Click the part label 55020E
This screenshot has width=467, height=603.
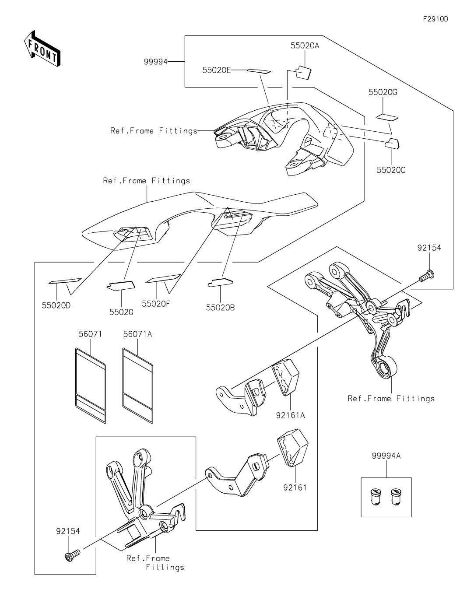[216, 70]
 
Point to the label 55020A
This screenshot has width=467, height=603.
[305, 46]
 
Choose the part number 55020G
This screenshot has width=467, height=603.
[383, 92]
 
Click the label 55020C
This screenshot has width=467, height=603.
[391, 170]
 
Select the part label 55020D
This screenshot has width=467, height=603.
[56, 305]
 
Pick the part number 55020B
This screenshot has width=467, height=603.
[220, 307]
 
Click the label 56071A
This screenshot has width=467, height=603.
[137, 334]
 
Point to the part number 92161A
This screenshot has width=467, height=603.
[290, 415]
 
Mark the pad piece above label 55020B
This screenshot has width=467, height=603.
[221, 282]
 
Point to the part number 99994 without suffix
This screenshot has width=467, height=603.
[156, 62]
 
